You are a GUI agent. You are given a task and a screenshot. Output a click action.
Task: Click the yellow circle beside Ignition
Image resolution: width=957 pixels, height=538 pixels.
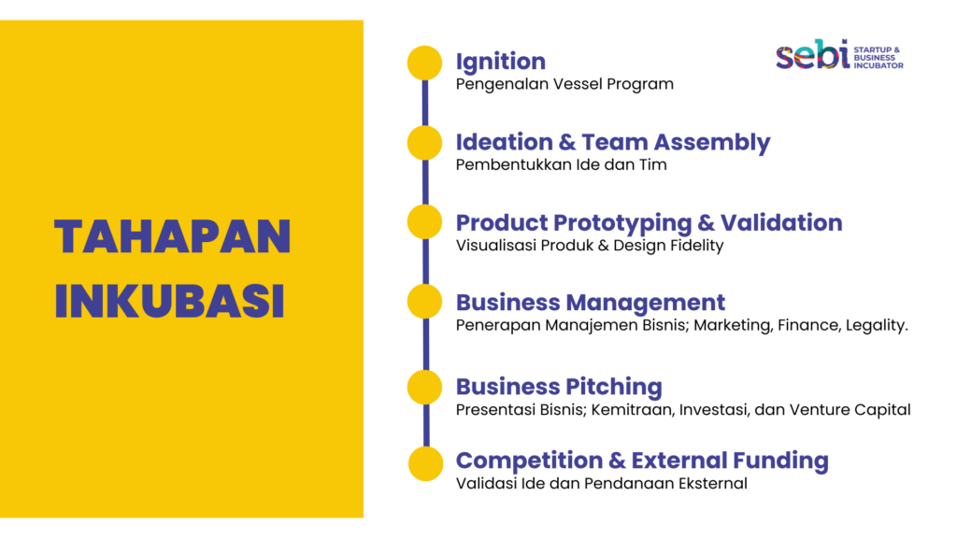(425, 63)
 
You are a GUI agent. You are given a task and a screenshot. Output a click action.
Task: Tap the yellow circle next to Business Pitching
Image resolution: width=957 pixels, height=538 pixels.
(425, 388)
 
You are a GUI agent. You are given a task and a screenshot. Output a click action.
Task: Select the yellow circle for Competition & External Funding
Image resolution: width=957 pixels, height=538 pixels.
(425, 464)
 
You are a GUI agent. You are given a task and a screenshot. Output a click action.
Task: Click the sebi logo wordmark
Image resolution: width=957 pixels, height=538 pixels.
(812, 55)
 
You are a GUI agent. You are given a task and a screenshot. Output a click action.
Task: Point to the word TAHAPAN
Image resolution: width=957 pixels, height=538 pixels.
(173, 236)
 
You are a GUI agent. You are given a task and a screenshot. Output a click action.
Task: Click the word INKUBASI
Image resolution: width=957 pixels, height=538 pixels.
(170, 301)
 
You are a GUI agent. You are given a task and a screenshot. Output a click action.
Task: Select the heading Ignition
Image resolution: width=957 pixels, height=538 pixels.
(501, 63)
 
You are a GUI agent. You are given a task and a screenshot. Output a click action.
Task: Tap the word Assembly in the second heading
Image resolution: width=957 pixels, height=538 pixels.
(711, 143)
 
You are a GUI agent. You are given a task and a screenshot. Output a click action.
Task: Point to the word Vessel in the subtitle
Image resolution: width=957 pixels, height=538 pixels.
(577, 84)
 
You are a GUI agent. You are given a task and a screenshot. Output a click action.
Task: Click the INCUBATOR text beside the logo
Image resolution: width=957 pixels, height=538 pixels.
(878, 65)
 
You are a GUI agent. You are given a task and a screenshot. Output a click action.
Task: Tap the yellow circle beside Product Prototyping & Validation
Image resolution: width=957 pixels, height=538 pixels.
(425, 222)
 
